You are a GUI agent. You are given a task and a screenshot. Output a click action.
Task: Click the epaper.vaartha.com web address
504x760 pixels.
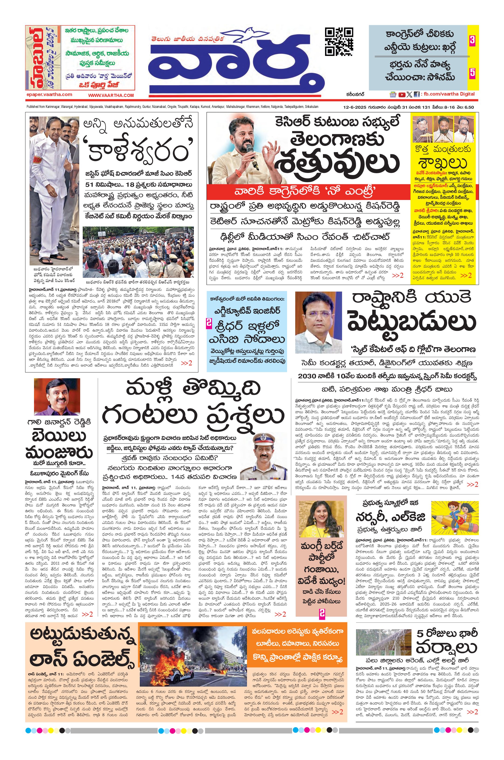click(49, 95)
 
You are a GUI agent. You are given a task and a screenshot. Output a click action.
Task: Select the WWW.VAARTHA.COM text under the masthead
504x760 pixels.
click(111, 95)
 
